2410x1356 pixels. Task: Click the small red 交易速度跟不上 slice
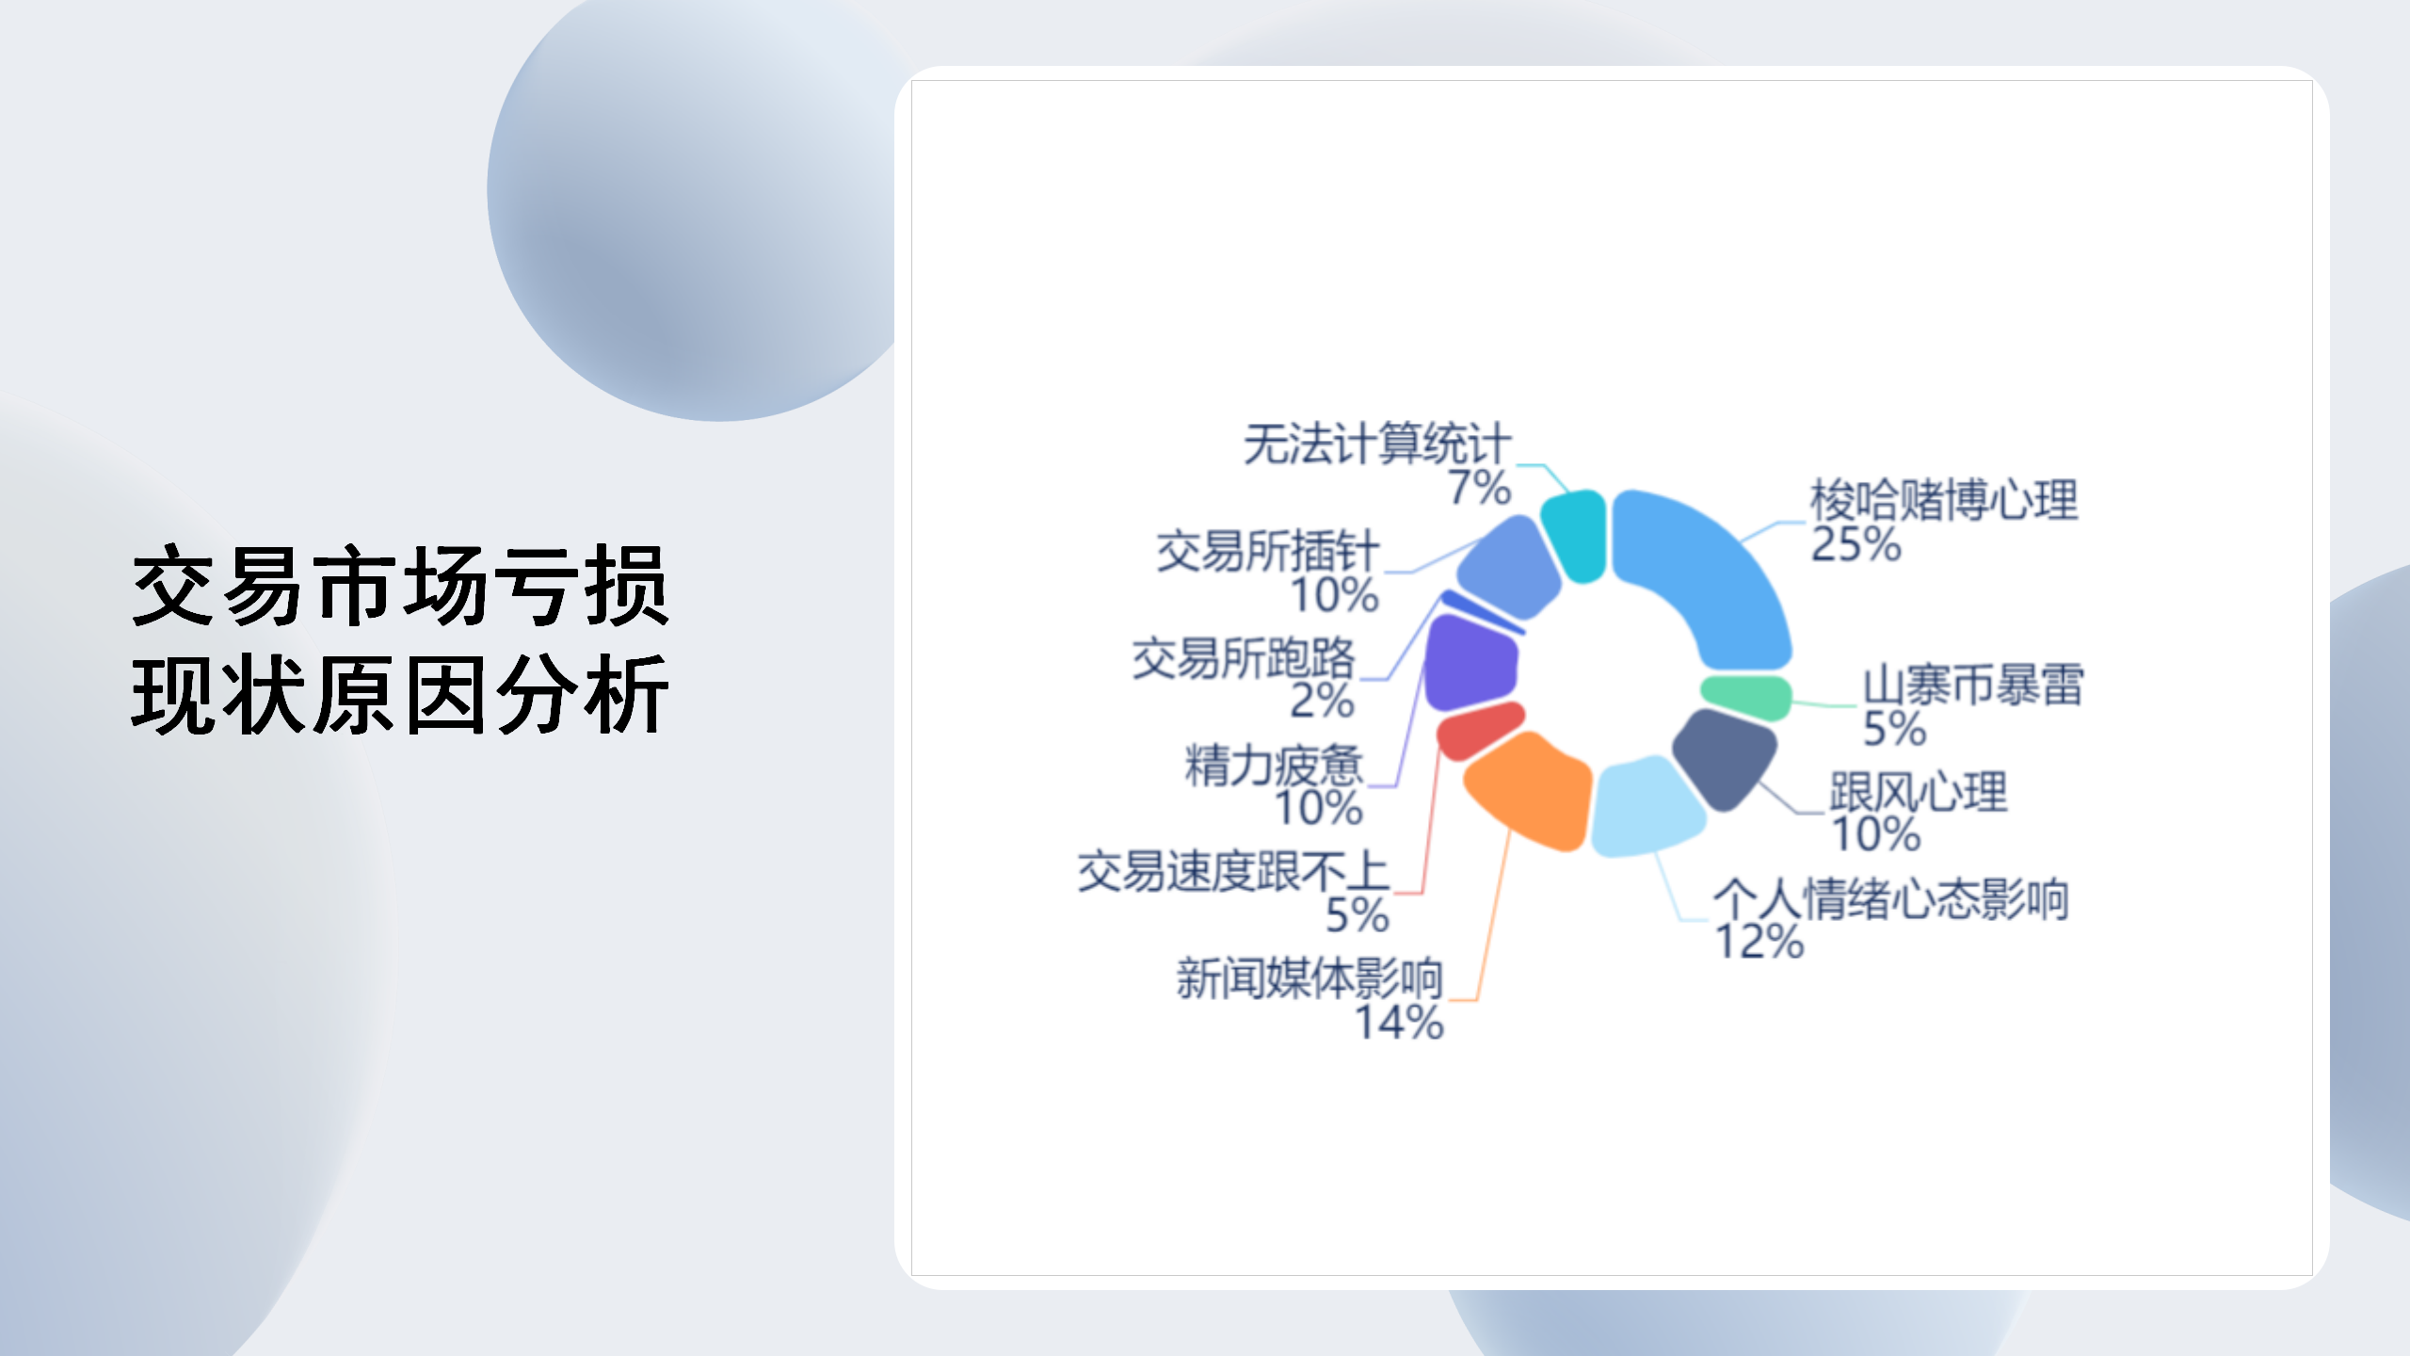(1480, 731)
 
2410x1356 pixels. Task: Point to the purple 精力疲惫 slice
(1470, 663)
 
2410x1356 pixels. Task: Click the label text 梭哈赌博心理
(1944, 500)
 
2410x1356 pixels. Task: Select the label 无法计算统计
(1377, 444)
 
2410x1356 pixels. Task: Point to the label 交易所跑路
(1244, 657)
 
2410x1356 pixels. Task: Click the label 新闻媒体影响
(1309, 977)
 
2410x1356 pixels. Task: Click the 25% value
(1856, 544)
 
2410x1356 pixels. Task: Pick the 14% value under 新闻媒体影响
(1399, 1023)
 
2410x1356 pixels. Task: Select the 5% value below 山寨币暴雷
(1895, 729)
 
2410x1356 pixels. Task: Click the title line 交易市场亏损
(401, 586)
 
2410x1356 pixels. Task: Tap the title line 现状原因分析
(401, 694)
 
